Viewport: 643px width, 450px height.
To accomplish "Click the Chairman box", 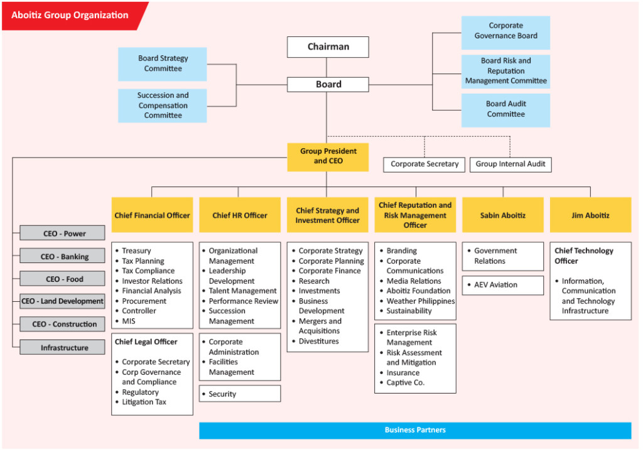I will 328,47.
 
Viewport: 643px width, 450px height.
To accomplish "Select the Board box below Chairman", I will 328,84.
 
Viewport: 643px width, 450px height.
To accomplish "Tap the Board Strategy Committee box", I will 162,64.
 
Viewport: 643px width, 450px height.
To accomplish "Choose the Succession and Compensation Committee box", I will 162,105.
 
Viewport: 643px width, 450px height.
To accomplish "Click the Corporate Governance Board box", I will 505,31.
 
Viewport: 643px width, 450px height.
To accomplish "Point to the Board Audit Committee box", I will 505,109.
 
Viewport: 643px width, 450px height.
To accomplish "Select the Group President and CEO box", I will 327,157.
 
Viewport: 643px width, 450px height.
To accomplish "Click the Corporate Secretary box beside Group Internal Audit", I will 424,164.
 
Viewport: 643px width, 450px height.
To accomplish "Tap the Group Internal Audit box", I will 511,164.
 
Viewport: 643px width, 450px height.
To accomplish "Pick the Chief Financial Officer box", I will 152,215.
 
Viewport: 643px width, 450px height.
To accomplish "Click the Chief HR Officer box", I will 239,215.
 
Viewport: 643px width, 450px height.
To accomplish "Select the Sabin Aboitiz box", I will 502,215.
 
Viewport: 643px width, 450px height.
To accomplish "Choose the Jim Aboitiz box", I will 590,215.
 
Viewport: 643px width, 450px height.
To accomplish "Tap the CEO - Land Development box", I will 62,301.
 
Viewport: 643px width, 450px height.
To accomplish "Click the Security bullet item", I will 239,394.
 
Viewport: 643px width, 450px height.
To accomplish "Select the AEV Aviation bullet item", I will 502,285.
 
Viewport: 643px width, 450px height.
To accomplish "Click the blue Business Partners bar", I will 415,431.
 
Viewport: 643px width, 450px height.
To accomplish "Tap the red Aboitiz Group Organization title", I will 70,15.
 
